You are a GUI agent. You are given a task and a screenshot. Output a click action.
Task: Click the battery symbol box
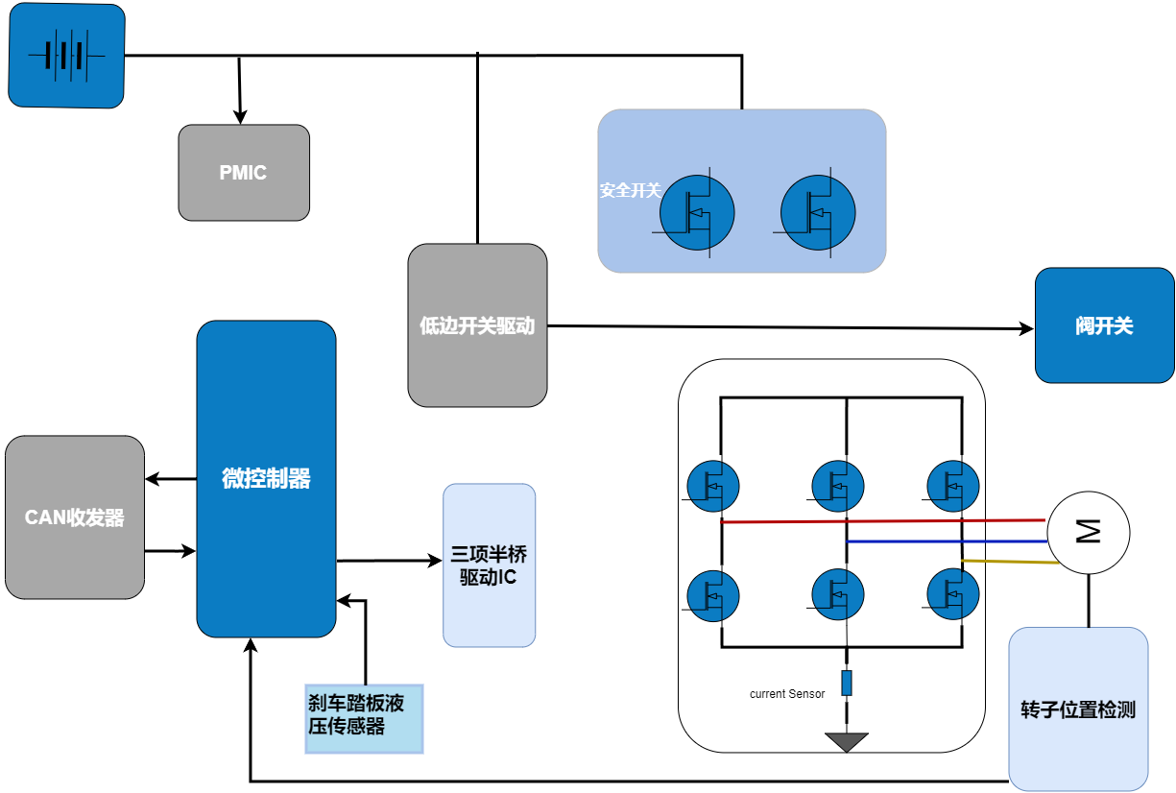(66, 56)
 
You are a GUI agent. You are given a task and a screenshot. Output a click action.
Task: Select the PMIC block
(244, 173)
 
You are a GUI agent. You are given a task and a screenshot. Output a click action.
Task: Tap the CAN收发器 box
(75, 517)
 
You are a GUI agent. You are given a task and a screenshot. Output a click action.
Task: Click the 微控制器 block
(266, 478)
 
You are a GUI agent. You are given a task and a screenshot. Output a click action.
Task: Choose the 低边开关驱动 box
(477, 325)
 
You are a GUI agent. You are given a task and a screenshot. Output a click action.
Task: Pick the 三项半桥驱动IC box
(489, 565)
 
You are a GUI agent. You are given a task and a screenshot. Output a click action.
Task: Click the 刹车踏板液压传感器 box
(364, 718)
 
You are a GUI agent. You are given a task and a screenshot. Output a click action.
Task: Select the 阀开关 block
(1104, 325)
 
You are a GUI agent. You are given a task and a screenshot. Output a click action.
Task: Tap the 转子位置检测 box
(1078, 709)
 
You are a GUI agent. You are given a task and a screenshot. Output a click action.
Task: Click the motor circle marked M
(1088, 533)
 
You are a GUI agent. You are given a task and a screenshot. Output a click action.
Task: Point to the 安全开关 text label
(630, 190)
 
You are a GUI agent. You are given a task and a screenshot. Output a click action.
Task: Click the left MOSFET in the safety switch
(697, 212)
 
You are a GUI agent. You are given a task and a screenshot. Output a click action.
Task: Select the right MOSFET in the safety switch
(817, 212)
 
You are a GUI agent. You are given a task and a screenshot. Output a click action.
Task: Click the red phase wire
(883, 521)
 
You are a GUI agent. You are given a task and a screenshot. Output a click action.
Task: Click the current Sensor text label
(786, 694)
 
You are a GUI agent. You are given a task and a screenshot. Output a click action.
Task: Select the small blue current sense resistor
(847, 683)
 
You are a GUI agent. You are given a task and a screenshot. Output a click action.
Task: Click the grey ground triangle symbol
(847, 741)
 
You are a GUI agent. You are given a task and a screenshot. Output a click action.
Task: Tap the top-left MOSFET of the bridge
(713, 486)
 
